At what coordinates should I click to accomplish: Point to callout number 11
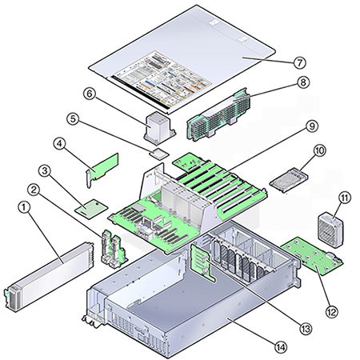coord(346,197)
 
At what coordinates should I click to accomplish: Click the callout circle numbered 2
coord(56,190)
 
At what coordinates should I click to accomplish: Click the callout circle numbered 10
coord(319,150)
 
